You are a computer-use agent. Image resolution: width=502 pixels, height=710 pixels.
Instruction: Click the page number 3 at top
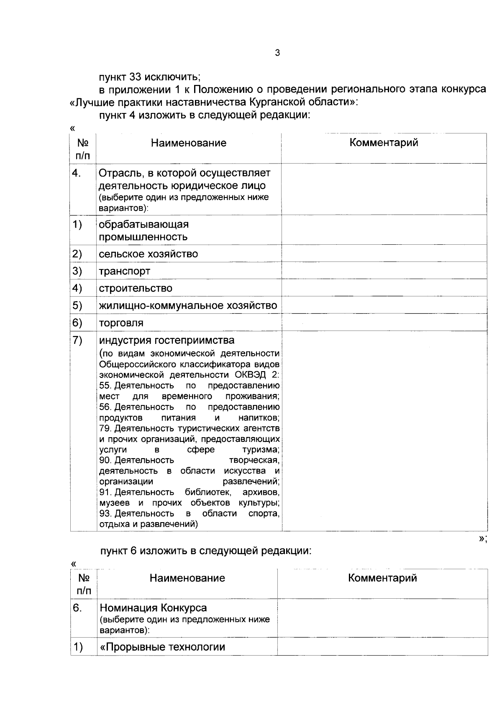pos(277,53)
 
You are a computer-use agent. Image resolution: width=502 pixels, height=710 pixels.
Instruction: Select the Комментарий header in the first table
pos(384,143)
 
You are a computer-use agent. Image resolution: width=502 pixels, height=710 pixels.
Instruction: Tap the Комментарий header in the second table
pos(382,578)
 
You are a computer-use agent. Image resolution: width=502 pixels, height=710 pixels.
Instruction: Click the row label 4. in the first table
pos(77,173)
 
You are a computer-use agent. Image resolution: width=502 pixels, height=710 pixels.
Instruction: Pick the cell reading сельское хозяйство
pos(148,254)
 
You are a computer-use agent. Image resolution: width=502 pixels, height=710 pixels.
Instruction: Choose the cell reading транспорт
pos(124,271)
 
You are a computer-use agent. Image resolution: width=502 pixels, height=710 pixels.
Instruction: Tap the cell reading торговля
pos(121,323)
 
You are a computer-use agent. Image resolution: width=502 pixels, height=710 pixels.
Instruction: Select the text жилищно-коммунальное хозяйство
pos(188,306)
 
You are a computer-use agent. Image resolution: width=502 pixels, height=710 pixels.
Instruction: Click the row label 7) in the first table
pos(77,341)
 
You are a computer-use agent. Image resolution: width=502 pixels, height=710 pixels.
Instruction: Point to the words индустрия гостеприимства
pos(166,340)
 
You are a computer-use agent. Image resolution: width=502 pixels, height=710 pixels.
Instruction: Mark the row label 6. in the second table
pos(77,608)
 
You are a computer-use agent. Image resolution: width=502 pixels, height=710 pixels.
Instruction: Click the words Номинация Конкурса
pos(153,608)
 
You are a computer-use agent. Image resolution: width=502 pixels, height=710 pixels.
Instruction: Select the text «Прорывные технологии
pos(162,647)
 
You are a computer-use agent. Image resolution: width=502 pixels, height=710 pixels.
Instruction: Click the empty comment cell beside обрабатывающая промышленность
pos(384,230)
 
